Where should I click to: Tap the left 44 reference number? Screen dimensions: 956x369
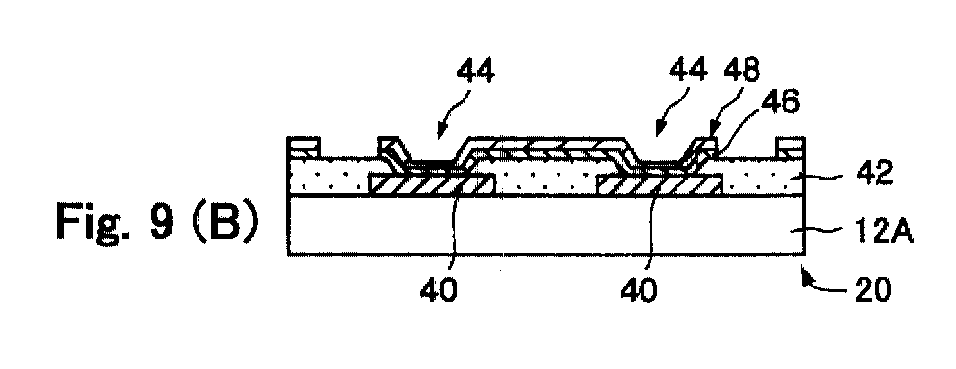pos(476,71)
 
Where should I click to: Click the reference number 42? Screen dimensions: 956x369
pos(874,174)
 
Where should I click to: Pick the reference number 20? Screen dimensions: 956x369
pos(874,290)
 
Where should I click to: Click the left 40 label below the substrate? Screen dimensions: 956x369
pos(438,290)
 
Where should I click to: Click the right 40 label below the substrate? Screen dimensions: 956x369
pos(639,290)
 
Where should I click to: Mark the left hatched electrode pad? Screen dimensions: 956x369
pos(432,184)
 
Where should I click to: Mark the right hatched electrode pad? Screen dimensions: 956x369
pos(660,184)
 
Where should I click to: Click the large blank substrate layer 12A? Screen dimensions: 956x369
pos(546,225)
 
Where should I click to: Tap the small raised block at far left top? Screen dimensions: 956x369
pos(303,146)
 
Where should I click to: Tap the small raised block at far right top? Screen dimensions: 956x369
pos(790,146)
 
